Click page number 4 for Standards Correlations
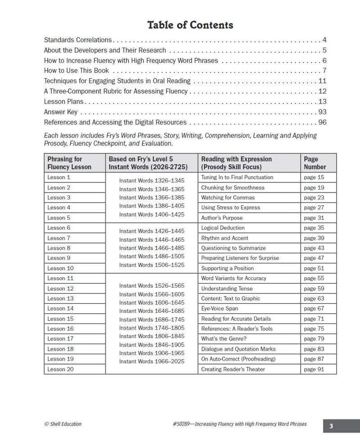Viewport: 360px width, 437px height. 324,40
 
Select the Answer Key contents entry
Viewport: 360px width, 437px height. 61,112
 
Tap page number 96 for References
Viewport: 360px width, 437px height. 322,122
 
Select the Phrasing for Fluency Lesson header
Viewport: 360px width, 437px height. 69,163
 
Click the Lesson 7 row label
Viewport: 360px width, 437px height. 59,238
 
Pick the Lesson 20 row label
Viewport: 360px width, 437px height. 60,369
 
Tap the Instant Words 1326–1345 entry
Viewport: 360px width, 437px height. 152,180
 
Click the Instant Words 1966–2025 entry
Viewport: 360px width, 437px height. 152,361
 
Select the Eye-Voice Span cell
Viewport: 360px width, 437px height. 220,309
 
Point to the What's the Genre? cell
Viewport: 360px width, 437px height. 224,339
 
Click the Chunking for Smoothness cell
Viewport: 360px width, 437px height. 233,188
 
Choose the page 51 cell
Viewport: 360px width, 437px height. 314,268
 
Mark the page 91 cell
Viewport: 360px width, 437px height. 314,369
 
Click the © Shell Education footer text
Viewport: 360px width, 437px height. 63,424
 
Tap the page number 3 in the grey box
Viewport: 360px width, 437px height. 331,426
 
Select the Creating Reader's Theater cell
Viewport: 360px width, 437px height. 233,369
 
